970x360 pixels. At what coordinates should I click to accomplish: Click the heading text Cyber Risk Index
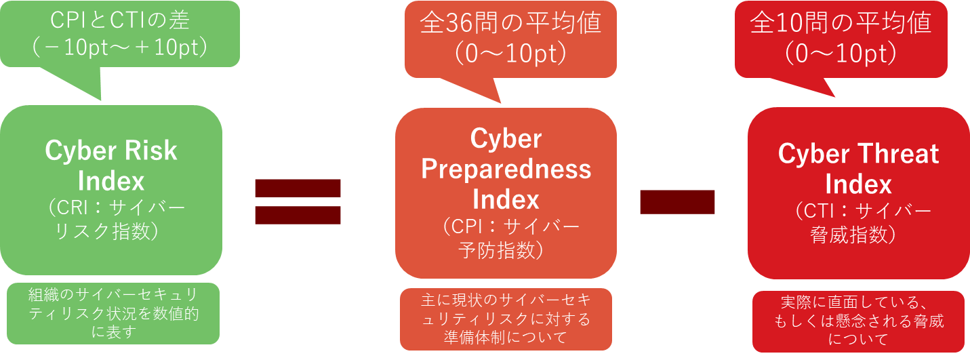click(111, 165)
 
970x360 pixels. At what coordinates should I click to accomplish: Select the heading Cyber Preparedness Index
click(506, 169)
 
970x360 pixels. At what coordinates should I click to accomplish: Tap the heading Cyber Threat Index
click(858, 169)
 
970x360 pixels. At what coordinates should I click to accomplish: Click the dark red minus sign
click(677, 201)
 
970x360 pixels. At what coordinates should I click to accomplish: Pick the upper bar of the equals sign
click(298, 188)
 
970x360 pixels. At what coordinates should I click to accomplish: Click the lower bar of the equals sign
click(298, 215)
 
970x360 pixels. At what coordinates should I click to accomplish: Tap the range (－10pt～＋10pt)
click(120, 47)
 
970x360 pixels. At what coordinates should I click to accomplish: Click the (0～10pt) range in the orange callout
click(510, 54)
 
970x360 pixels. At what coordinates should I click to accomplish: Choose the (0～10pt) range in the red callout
click(841, 54)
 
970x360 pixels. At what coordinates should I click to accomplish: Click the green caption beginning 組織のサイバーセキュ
click(113, 313)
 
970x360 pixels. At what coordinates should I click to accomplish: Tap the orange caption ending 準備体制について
click(506, 319)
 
